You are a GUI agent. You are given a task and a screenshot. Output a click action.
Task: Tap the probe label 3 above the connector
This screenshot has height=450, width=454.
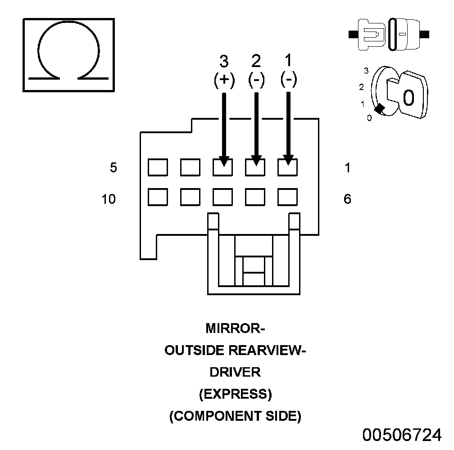[224, 61]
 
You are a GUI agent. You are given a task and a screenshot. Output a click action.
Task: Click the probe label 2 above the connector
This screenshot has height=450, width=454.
[256, 61]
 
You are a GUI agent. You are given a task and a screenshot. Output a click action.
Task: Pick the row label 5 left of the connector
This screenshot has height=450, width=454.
[113, 168]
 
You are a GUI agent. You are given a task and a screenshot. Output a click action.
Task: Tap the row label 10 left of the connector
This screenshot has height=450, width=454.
[109, 199]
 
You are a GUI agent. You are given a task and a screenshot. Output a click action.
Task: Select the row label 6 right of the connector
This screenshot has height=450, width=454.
[347, 199]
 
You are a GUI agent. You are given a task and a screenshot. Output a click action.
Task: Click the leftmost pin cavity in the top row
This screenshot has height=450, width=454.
[158, 167]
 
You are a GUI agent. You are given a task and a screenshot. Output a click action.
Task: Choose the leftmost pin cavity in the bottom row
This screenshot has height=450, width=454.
[158, 197]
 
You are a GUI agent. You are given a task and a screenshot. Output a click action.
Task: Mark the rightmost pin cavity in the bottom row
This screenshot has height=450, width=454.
[288, 197]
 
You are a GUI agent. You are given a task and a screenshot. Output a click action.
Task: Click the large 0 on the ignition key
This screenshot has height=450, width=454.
[408, 97]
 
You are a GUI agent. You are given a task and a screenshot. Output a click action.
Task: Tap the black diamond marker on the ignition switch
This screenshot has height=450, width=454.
[380, 108]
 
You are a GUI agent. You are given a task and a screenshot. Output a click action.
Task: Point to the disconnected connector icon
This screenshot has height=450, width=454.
[389, 34]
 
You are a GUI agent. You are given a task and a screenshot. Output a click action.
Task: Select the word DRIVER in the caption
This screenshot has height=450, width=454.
[235, 373]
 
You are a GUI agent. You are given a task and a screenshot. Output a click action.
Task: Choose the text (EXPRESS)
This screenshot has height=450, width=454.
[235, 395]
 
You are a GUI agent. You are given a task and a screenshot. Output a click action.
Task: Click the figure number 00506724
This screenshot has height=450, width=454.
[403, 435]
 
